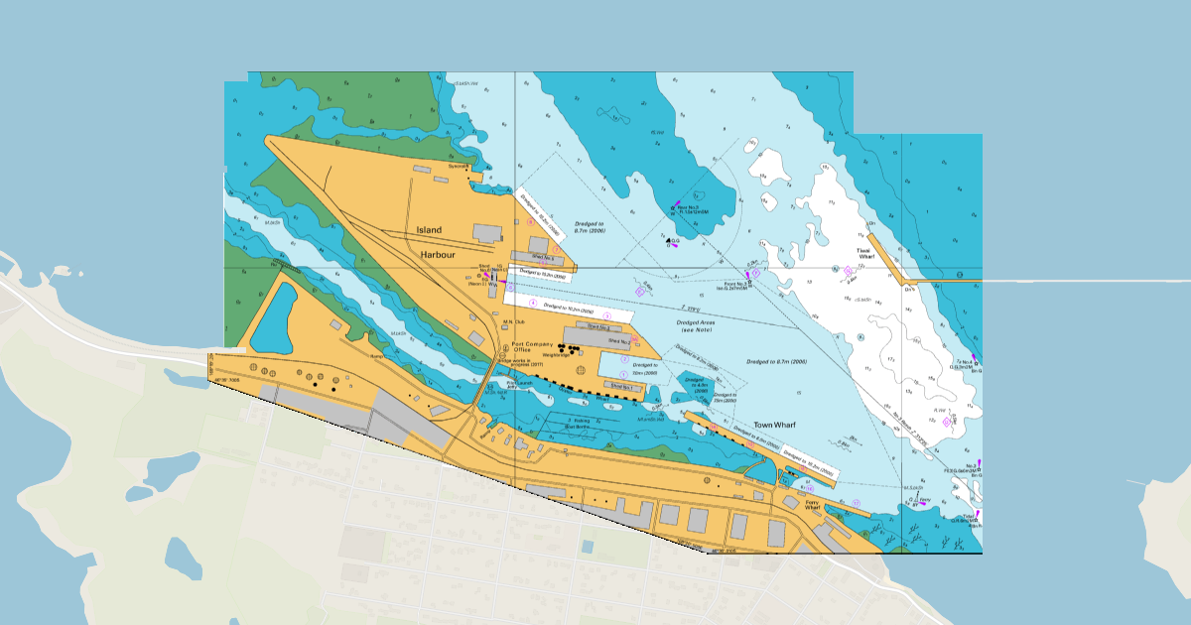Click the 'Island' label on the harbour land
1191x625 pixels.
point(429,230)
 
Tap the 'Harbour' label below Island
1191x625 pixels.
point(437,255)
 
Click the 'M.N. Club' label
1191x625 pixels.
point(512,321)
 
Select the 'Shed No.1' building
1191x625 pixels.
point(621,386)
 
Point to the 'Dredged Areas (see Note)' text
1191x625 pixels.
point(697,328)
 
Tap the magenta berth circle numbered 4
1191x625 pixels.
point(532,303)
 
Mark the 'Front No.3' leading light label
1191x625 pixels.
point(730,287)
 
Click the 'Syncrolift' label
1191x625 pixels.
point(458,167)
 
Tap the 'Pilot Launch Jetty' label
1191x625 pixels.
point(519,385)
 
